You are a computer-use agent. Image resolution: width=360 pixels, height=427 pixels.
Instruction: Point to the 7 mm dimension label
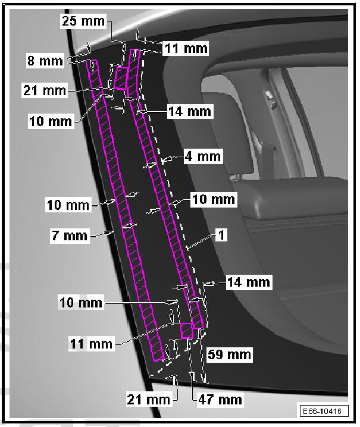[x=68, y=236]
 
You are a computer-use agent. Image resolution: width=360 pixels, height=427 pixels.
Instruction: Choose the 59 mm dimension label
[x=229, y=355]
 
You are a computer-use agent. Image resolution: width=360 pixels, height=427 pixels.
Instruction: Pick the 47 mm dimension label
[x=220, y=399]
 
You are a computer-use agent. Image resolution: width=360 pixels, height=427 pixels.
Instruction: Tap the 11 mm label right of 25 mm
[x=186, y=47]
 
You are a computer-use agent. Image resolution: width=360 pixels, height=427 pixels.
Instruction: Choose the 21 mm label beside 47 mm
[x=149, y=399]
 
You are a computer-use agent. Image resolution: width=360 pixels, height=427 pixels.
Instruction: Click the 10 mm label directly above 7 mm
[x=68, y=205]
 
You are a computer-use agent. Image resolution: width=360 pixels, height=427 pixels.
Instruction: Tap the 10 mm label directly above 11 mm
[x=80, y=304]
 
